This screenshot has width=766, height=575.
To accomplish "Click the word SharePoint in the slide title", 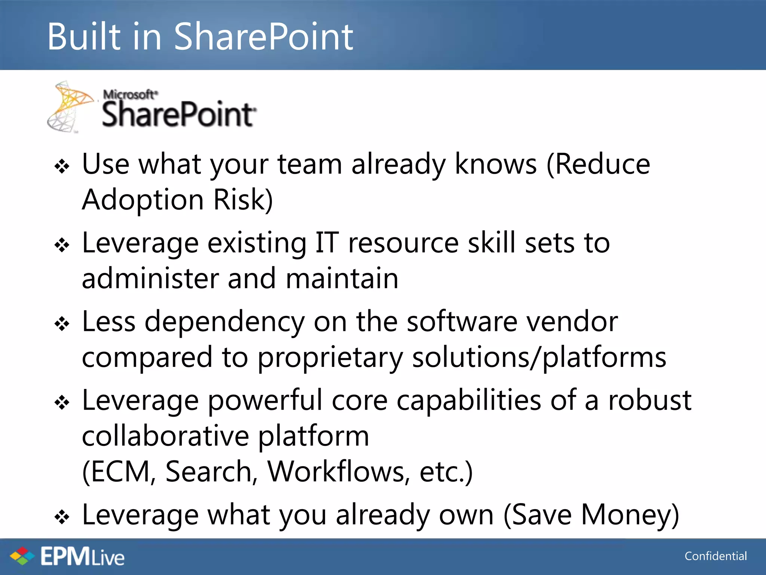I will [263, 37].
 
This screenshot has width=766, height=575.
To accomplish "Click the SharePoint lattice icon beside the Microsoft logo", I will [70, 107].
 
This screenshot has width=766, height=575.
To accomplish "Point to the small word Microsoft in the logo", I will [130, 94].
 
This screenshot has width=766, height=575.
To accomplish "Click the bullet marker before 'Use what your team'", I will [62, 166].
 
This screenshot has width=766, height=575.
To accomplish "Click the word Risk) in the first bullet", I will [243, 200].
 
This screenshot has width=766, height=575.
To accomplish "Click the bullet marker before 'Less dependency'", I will [62, 324].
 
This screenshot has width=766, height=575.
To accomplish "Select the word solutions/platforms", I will [539, 358].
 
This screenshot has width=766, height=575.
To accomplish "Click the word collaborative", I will [165, 436].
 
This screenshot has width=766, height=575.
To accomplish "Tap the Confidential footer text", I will [716, 556].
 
